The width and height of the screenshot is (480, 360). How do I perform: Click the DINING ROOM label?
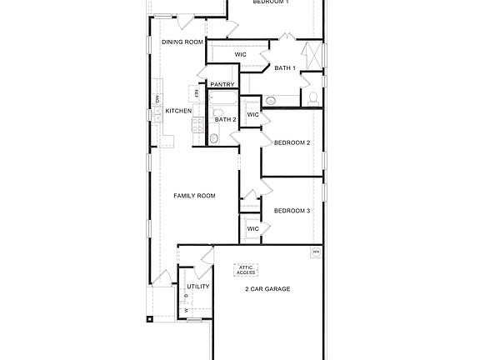click(182, 42)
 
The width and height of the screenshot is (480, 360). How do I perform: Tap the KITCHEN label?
click(178, 111)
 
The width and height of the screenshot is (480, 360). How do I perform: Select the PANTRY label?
click(222, 84)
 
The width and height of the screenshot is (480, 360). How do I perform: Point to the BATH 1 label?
click(285, 67)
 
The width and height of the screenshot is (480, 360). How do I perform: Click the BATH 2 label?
click(226, 119)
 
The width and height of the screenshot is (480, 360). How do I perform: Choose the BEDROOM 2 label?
click(292, 142)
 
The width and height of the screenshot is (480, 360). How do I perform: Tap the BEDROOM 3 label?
click(292, 211)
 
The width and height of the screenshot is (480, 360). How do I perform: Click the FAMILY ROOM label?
click(194, 196)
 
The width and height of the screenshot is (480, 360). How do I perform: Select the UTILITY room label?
click(198, 287)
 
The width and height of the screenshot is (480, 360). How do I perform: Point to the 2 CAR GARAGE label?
click(267, 288)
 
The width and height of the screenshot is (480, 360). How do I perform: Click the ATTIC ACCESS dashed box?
click(247, 270)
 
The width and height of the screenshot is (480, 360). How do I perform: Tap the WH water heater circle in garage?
click(316, 251)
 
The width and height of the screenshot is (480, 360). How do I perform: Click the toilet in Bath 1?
click(313, 97)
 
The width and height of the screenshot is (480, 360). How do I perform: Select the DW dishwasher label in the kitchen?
click(157, 101)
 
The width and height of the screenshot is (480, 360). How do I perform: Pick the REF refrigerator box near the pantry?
click(197, 93)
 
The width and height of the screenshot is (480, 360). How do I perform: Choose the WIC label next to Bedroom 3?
click(253, 228)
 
